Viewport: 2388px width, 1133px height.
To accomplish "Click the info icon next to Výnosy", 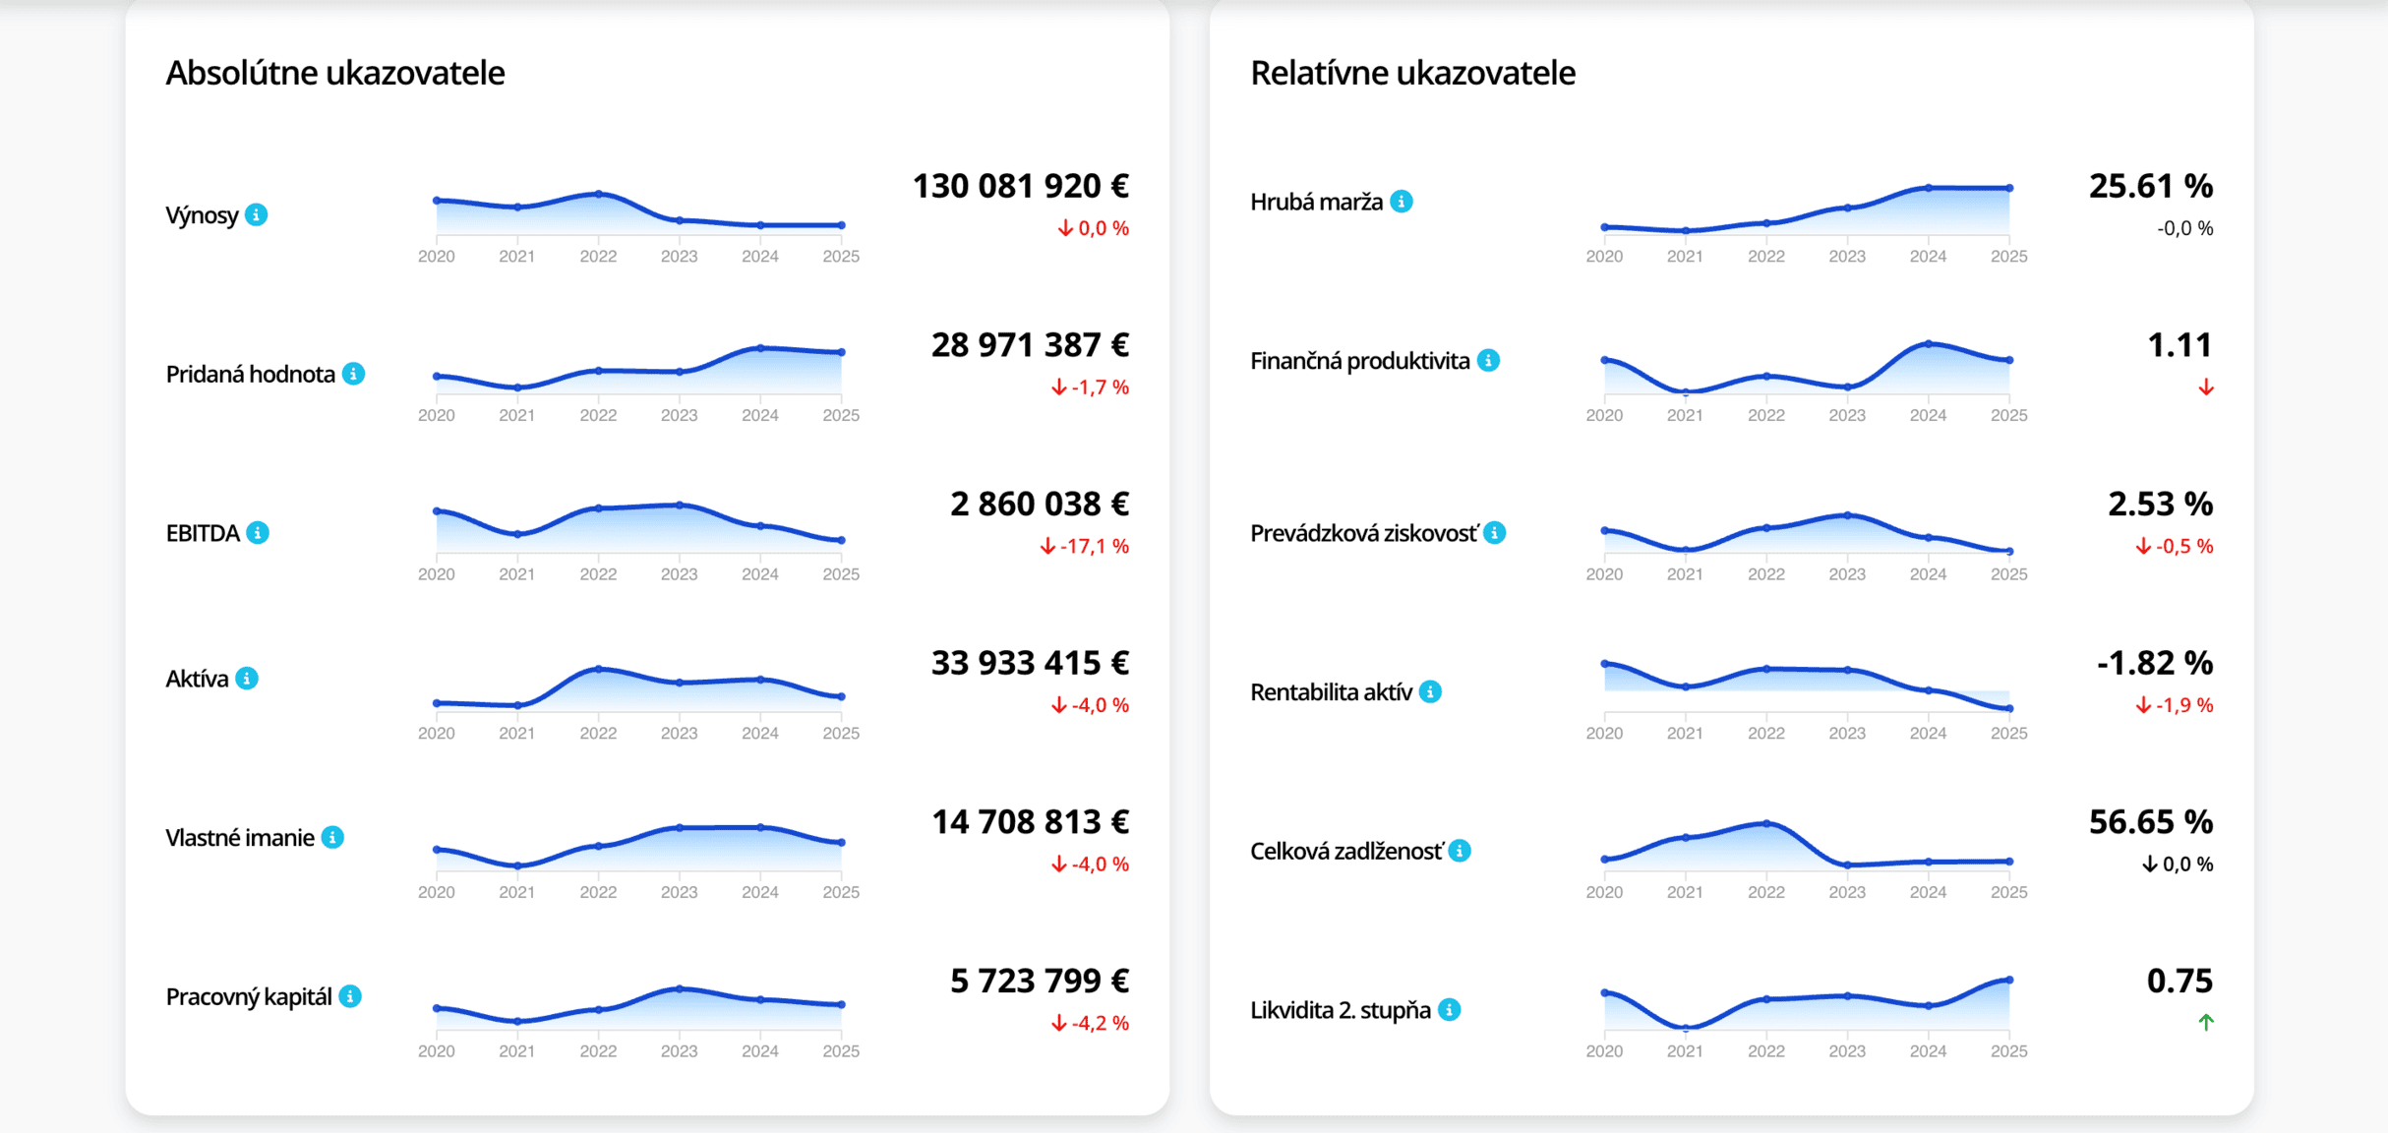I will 257,214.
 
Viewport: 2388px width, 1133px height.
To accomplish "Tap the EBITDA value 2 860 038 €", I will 1039,504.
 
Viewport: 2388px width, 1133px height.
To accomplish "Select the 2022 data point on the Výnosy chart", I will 598,194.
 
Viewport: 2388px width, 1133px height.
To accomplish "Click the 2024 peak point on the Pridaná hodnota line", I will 760,348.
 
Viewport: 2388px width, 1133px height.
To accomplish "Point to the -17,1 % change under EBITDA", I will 1085,546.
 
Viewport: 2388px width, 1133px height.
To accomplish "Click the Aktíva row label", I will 197,679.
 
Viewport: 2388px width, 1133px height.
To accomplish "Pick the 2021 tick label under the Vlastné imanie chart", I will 516,892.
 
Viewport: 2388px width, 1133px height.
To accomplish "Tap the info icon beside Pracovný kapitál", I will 350,996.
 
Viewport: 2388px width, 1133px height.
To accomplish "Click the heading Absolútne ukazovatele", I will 334,73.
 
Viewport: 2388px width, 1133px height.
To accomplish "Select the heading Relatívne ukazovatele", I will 1412,73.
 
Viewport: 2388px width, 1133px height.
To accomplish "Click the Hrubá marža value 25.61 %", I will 2150,186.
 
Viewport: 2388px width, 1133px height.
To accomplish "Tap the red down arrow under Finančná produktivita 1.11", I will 2206,388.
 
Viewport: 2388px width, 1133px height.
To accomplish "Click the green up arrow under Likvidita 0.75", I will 2206,1023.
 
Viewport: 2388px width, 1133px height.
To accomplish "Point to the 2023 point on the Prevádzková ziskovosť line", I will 1847,515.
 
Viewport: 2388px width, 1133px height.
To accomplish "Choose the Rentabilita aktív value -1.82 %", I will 2154,663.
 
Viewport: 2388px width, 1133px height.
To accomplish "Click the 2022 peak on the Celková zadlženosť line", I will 1766,823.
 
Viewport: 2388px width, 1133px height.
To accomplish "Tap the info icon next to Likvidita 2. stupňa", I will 1449,1010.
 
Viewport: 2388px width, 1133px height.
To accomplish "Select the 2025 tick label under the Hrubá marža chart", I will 2008,256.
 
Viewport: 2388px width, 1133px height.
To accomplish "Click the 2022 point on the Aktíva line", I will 598,669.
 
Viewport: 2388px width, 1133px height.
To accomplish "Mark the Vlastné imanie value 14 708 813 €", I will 1030,821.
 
